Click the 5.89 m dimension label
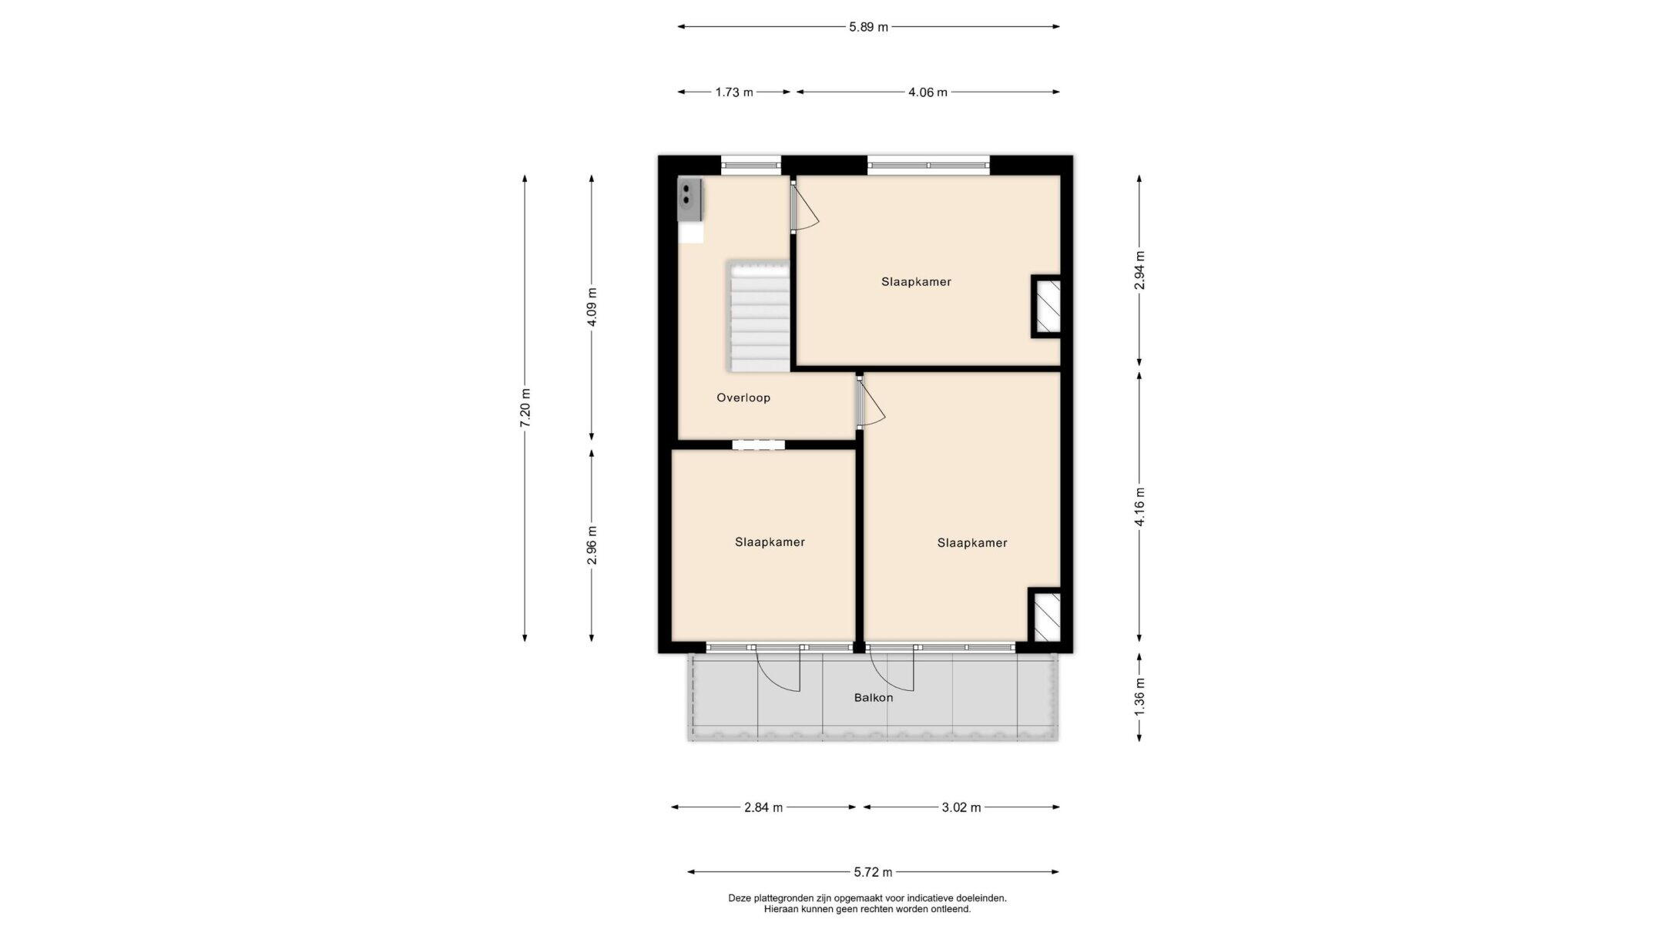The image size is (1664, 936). click(x=868, y=27)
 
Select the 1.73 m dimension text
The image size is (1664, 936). click(x=733, y=92)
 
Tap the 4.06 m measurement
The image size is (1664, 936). click(x=928, y=92)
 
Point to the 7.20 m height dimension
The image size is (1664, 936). click(x=525, y=408)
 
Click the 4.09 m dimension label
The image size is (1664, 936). click(x=592, y=307)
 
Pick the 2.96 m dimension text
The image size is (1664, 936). click(x=592, y=545)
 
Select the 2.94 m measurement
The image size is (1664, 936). click(x=1139, y=270)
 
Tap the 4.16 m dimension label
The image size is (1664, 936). click(x=1139, y=507)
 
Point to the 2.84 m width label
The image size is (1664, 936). click(x=763, y=807)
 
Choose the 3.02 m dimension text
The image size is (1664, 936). click(x=961, y=807)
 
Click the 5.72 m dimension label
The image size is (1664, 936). click(x=873, y=872)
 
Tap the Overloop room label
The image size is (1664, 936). click(x=743, y=398)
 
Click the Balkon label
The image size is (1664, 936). click(x=874, y=698)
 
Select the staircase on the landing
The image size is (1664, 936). click(x=758, y=316)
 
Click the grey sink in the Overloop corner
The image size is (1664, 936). click(x=150, y=200)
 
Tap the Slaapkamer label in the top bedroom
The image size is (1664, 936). click(x=916, y=282)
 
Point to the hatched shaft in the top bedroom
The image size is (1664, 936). click(x=1048, y=307)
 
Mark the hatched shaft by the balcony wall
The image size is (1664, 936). click(x=1045, y=616)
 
